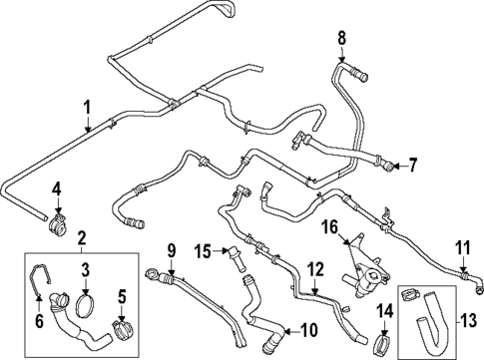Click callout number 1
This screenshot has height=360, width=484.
(87, 107)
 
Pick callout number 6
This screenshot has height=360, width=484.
(40, 320)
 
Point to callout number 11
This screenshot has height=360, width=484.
(461, 247)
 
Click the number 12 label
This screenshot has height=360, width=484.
(314, 268)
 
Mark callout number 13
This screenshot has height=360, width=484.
(468, 321)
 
